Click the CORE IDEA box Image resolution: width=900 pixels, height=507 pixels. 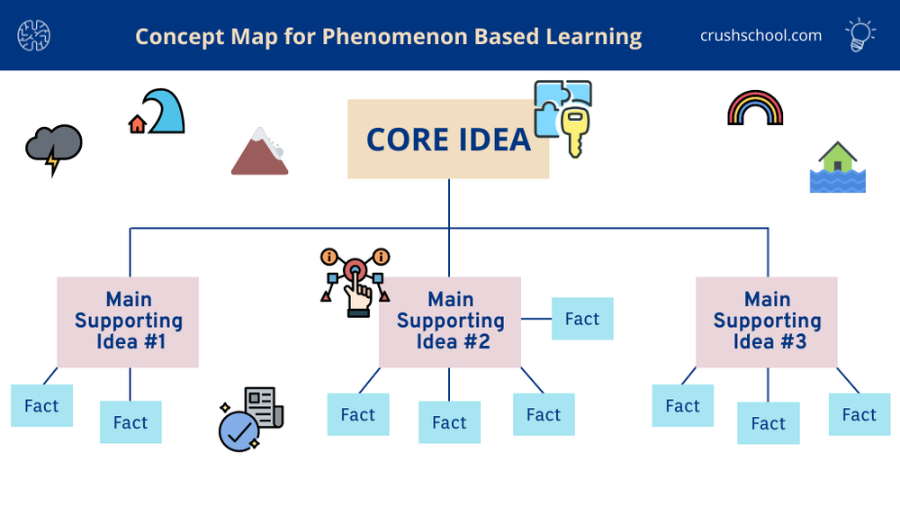(448, 140)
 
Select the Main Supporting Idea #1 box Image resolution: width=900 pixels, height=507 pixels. (128, 321)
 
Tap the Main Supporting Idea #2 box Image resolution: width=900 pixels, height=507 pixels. (450, 321)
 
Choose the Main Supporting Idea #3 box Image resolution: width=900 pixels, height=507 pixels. (767, 321)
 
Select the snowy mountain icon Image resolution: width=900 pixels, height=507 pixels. (259, 151)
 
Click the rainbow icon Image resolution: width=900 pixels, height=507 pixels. (755, 108)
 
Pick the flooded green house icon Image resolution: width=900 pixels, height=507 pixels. (838, 167)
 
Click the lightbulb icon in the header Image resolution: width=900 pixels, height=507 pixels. (860, 35)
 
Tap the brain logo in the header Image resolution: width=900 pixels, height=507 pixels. (34, 35)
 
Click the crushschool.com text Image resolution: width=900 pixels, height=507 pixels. (760, 35)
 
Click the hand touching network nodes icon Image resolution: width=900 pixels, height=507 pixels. (355, 282)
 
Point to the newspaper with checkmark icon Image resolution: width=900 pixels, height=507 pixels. (252, 419)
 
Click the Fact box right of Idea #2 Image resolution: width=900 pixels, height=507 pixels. (581, 319)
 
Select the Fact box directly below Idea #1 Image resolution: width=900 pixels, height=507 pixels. (130, 422)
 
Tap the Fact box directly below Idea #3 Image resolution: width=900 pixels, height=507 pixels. (769, 423)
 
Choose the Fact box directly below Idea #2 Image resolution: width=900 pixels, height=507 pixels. (449, 422)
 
